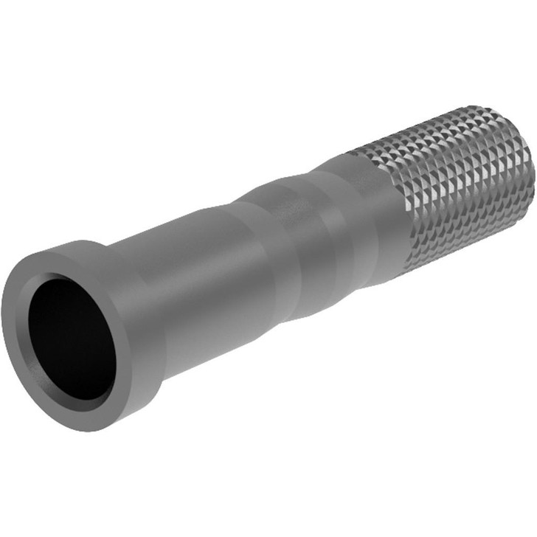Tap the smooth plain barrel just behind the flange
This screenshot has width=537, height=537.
pos(207,280)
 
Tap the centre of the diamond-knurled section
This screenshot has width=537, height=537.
pos(450,184)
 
